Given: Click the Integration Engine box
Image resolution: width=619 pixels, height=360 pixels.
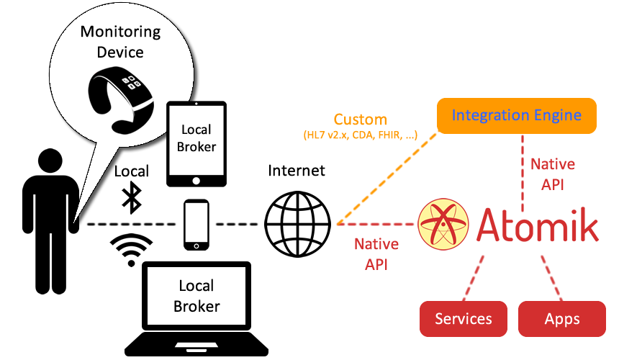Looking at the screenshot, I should (517, 115).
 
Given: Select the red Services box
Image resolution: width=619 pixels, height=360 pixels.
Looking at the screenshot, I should (464, 319).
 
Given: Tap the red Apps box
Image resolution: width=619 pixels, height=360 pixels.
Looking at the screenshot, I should (562, 319).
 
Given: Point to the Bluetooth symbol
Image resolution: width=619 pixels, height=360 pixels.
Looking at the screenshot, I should (131, 197).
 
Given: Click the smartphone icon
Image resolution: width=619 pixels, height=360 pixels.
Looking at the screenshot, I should (196, 225).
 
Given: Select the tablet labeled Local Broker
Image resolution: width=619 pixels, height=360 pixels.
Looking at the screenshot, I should (196, 143).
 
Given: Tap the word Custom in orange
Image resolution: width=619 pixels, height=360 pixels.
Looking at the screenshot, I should (360, 120).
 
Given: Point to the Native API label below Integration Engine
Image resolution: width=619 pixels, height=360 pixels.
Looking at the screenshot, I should (553, 173).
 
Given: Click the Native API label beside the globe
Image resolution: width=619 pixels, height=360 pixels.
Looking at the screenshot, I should (376, 253).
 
